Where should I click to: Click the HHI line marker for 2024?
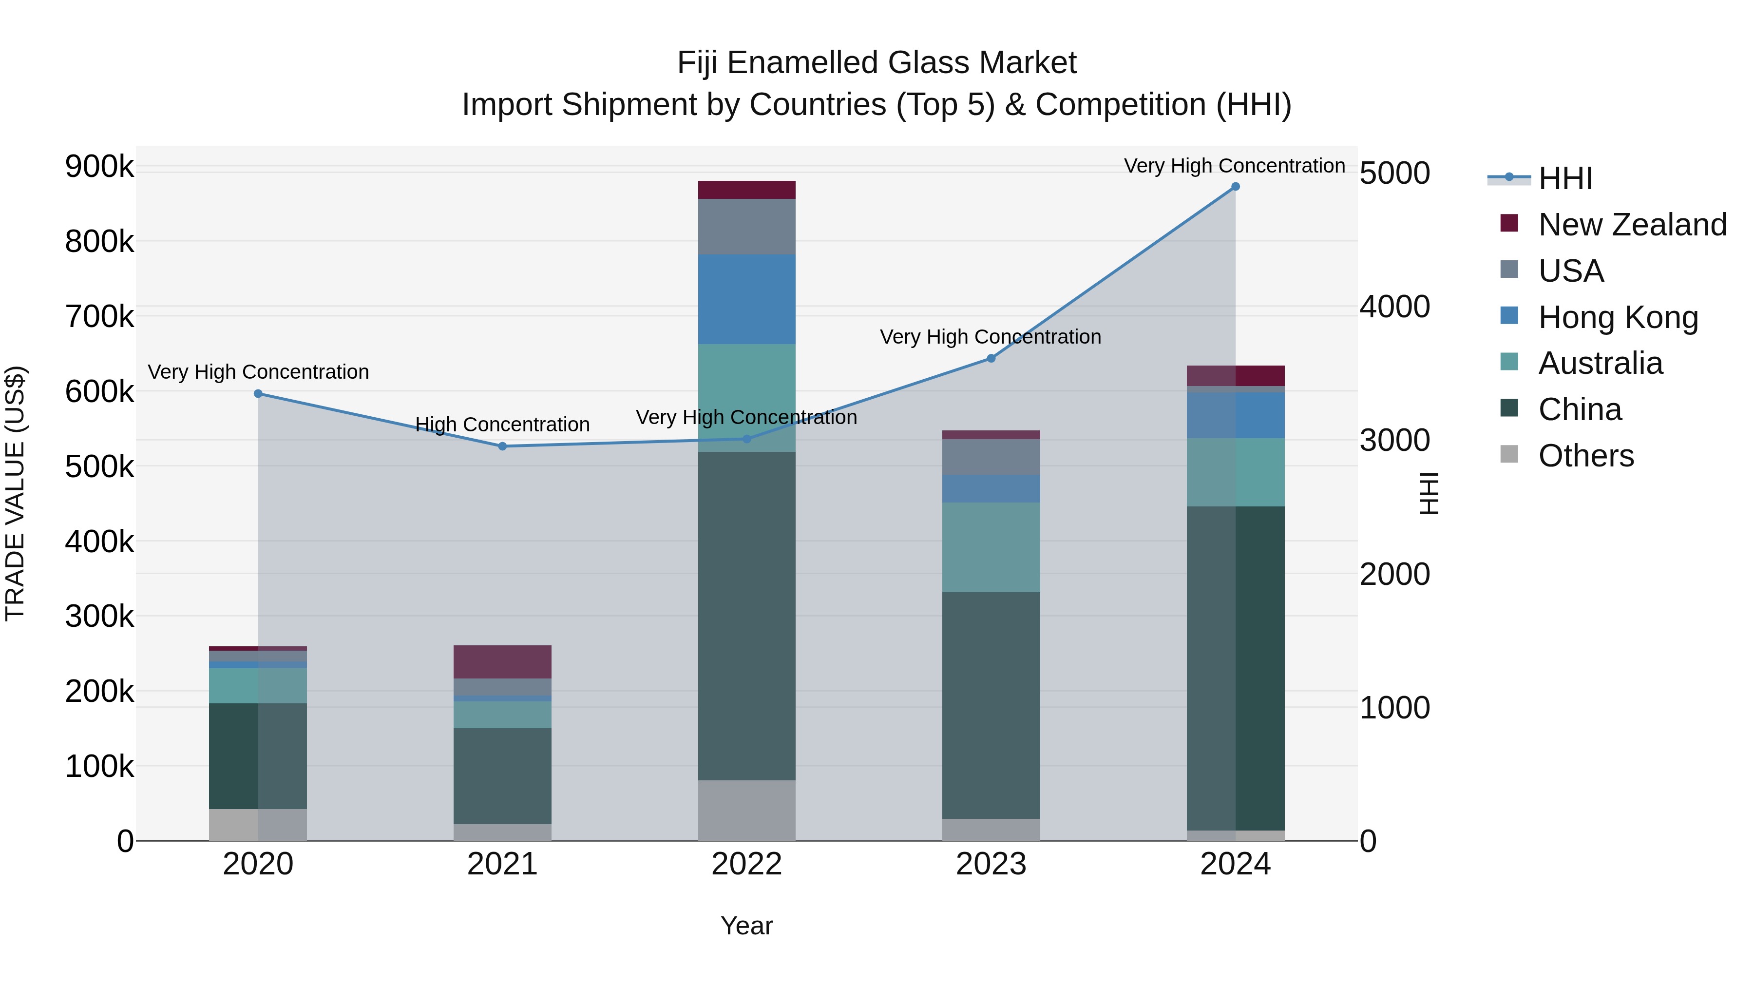point(1235,187)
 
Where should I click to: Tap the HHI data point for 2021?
point(502,446)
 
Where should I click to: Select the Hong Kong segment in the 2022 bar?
point(746,299)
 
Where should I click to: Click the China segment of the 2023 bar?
point(991,705)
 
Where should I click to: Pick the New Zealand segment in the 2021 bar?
point(502,661)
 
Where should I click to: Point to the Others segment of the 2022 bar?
point(746,810)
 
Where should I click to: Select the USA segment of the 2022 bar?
point(746,226)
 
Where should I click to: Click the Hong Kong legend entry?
point(1618,317)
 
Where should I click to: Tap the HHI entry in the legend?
point(1564,178)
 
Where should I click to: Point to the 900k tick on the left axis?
point(99,166)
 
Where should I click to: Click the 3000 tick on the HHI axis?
point(1394,441)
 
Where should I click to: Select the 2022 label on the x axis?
point(746,864)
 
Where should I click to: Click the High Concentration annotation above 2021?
point(502,425)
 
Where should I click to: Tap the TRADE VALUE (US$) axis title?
point(15,493)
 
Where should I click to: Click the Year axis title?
point(746,926)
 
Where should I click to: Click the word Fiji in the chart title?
point(698,63)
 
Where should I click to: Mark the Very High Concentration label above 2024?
point(1234,166)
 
